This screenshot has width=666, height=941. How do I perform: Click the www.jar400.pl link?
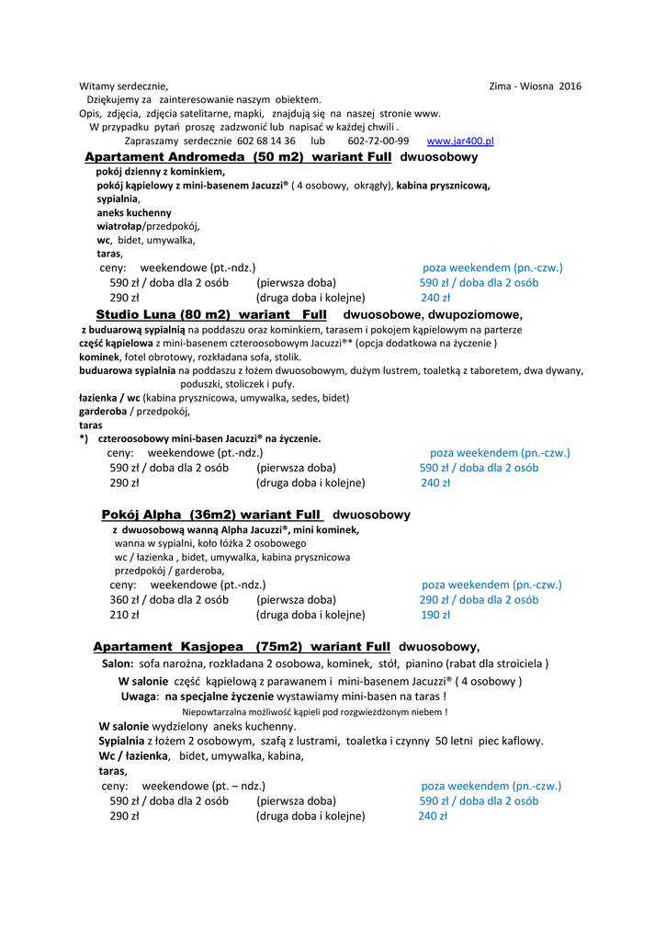(x=460, y=142)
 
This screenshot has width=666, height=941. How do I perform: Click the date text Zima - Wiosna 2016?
(x=536, y=86)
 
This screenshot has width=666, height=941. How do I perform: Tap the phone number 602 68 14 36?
(x=265, y=142)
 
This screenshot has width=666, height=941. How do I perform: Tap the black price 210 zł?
(x=124, y=615)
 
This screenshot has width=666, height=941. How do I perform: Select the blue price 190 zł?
(x=435, y=615)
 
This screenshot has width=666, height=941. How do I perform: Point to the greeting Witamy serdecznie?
(x=123, y=86)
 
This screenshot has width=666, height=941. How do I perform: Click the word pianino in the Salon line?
(x=468, y=663)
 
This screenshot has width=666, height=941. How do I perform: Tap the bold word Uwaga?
(x=139, y=697)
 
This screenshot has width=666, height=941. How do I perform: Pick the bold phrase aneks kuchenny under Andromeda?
(x=134, y=212)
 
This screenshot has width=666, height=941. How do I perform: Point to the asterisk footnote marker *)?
(x=84, y=439)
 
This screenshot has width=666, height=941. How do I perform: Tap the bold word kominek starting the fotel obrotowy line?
(x=99, y=357)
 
